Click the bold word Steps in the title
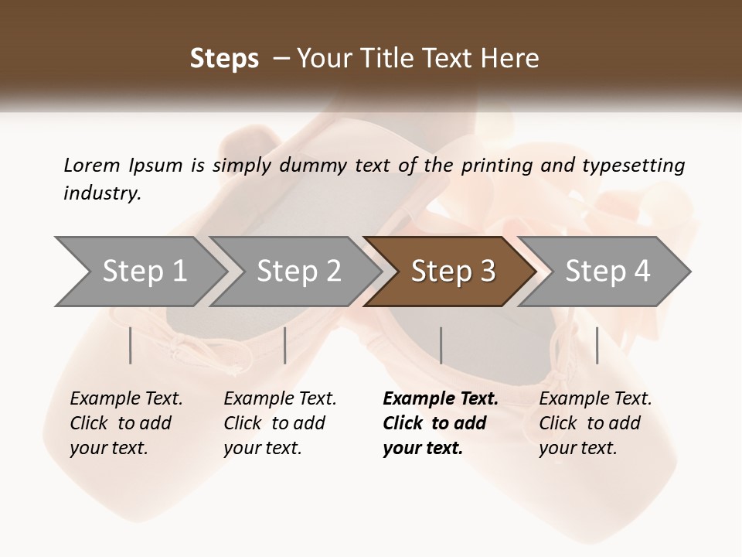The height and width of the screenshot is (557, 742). (224, 59)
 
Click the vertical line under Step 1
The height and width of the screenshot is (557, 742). (131, 345)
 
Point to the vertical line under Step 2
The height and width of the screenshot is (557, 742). (285, 345)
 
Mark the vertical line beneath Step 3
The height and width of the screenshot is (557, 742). (441, 345)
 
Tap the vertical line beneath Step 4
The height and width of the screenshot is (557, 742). (597, 345)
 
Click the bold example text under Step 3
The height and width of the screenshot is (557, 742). (440, 423)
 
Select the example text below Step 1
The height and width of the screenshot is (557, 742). (126, 423)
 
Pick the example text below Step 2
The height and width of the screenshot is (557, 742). (280, 423)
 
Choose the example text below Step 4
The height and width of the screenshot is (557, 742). (595, 423)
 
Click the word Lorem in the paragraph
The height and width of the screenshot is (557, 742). (91, 165)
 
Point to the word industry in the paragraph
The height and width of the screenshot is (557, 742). (102, 193)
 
